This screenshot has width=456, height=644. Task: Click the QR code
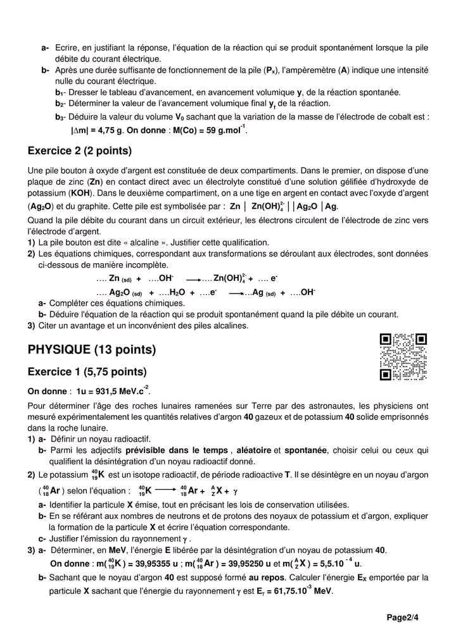click(403, 357)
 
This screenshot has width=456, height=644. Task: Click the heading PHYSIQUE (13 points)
click(92, 350)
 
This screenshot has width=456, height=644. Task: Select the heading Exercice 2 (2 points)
click(80, 151)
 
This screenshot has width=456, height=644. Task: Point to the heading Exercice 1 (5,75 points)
click(87, 371)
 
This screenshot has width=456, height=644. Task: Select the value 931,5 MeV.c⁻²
click(116, 391)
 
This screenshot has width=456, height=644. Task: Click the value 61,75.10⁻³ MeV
click(299, 591)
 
